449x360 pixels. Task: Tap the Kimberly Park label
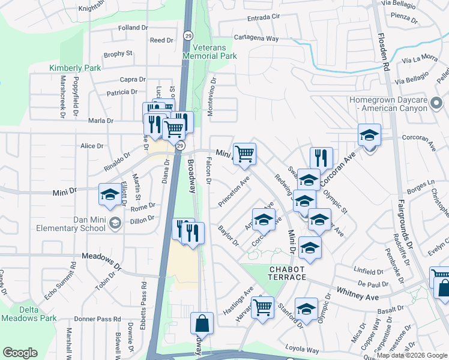point(75,68)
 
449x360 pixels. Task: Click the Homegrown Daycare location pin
point(437,107)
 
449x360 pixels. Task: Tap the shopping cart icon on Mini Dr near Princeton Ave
point(244,154)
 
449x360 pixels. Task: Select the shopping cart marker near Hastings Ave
point(262,307)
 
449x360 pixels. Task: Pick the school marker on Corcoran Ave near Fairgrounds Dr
point(369,134)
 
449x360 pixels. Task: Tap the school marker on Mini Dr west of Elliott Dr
point(109,194)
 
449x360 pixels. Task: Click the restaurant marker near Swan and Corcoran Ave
point(321,158)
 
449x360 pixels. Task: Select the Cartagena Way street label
point(256,38)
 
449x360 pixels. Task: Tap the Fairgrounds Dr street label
point(405,220)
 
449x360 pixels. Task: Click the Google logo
point(20,353)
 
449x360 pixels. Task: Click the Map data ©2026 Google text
point(411,355)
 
